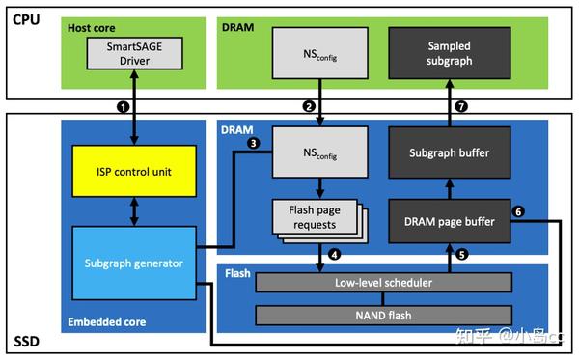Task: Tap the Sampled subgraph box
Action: click(450, 53)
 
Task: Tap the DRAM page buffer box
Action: click(450, 222)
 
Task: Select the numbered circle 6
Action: click(518, 211)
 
